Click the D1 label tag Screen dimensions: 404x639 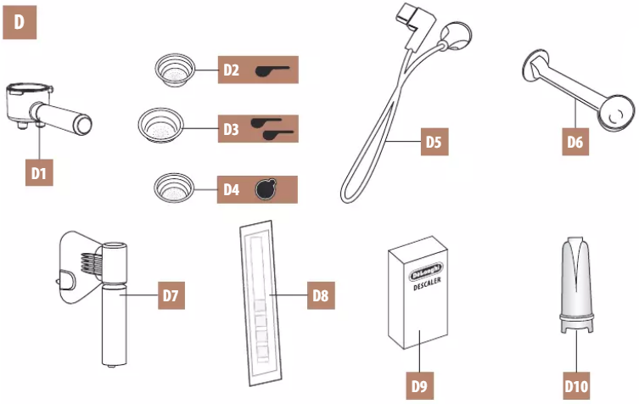click(x=38, y=172)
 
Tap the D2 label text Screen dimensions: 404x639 click(x=230, y=70)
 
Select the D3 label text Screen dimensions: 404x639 click(x=231, y=130)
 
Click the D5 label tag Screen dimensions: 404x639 click(x=433, y=142)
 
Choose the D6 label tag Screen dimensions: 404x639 click(x=575, y=142)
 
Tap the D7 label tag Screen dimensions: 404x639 click(x=170, y=296)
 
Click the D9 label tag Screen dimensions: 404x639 click(x=419, y=386)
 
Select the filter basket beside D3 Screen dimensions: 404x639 click(x=161, y=127)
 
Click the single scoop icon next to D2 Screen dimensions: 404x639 click(x=272, y=70)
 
